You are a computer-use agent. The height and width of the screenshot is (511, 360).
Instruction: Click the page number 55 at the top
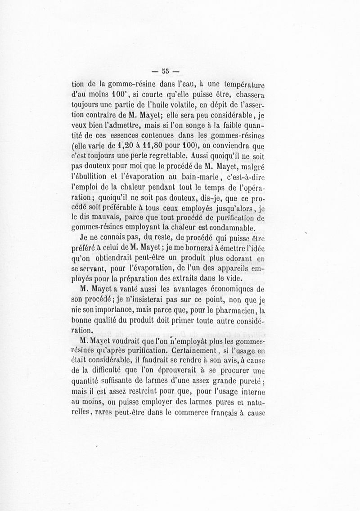165,70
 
